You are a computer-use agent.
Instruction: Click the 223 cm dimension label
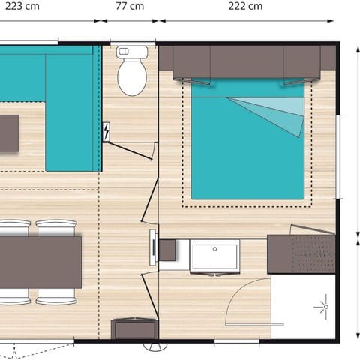pos(22,7)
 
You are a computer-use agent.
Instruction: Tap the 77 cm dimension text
pos(130,7)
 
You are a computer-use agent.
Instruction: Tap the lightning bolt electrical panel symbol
pos(106,132)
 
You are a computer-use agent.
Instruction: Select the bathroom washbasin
pos(214,256)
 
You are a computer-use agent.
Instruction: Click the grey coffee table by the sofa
pos(8,133)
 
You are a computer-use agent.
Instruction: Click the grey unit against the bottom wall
pos(133,328)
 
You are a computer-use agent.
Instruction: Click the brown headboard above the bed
pos(247,61)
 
